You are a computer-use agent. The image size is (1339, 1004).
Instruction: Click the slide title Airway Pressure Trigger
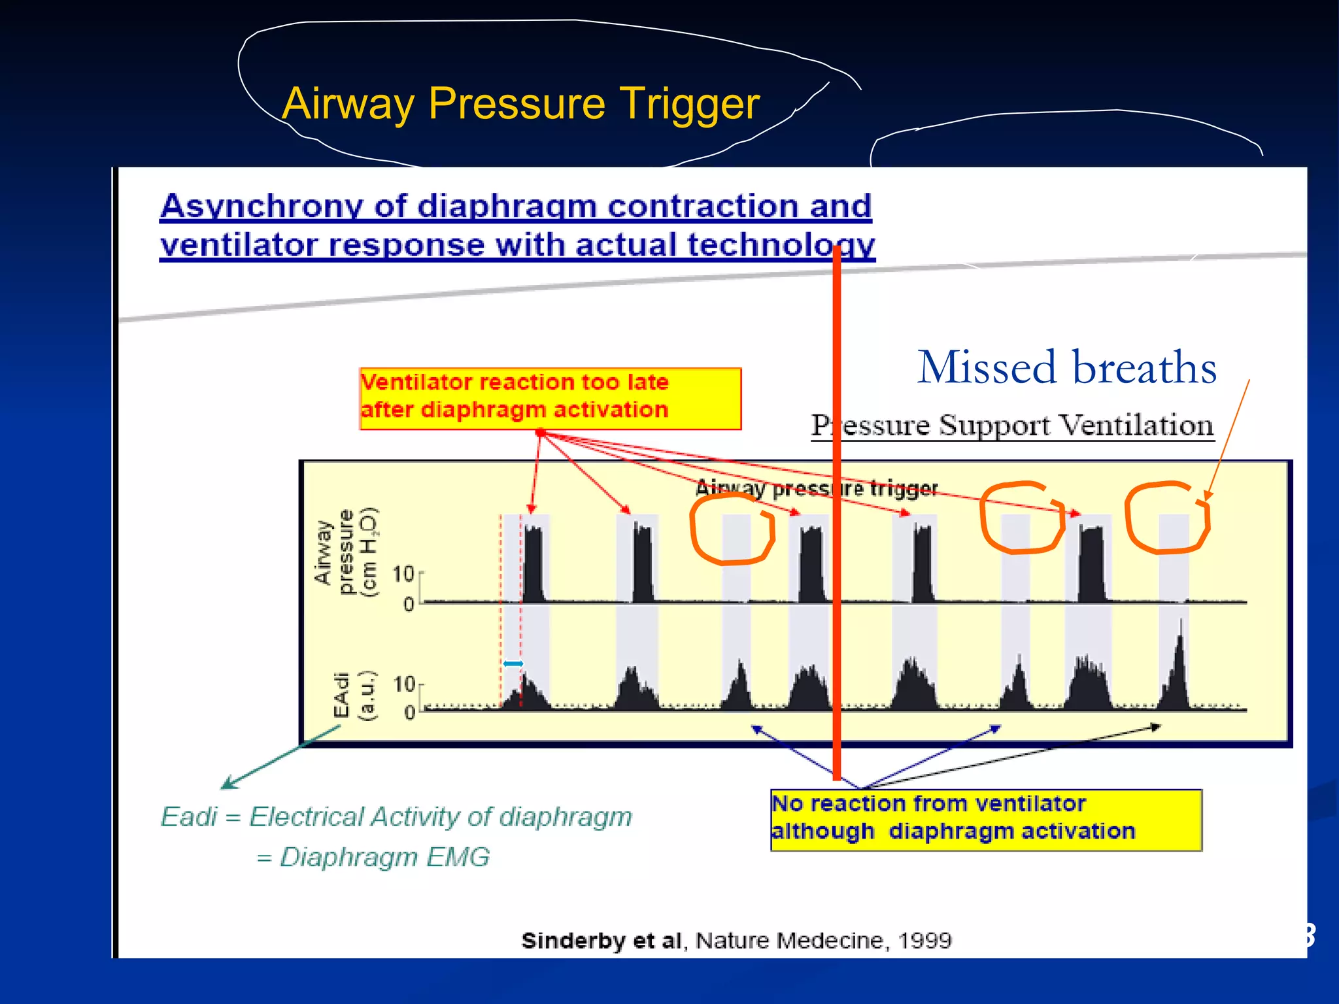pyautogui.click(x=520, y=103)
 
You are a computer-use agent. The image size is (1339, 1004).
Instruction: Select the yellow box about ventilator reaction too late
pyautogui.click(x=549, y=397)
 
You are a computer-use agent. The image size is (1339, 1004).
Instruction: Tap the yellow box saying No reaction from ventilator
pyautogui.click(x=985, y=820)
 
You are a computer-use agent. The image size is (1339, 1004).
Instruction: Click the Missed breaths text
pyautogui.click(x=1066, y=367)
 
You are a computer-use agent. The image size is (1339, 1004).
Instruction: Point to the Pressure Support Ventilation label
pyautogui.click(x=1012, y=426)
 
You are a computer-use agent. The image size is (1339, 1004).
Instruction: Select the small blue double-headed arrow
pyautogui.click(x=513, y=663)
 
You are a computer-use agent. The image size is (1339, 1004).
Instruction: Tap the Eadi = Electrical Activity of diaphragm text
pyautogui.click(x=396, y=816)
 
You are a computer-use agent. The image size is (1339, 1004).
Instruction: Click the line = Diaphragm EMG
pyautogui.click(x=373, y=856)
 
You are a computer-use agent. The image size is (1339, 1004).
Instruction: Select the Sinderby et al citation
pyautogui.click(x=736, y=940)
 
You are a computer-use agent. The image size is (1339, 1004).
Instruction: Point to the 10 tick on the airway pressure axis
pyautogui.click(x=403, y=574)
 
